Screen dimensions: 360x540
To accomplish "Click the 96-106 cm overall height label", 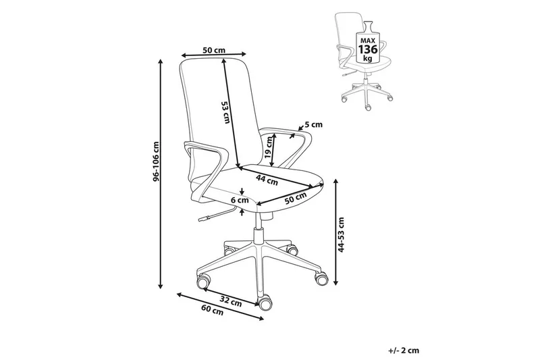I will (155, 162).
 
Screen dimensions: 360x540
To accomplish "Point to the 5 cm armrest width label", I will (314, 125).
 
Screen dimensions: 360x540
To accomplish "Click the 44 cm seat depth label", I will (268, 180).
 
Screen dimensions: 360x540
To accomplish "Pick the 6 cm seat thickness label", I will (240, 201).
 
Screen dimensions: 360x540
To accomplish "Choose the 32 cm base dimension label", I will (232, 303).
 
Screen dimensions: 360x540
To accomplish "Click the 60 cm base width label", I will (213, 311).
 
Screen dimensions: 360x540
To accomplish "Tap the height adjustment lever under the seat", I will (211, 217).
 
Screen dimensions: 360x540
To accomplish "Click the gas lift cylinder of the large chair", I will (259, 233).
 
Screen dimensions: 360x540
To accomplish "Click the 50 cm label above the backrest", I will (213, 50).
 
